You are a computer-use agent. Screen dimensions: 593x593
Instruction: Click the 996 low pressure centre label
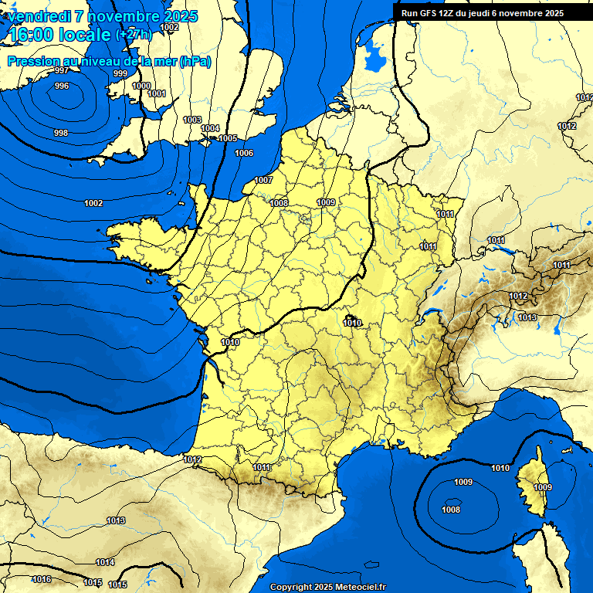tap(61, 86)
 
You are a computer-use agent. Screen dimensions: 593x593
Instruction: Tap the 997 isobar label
tap(62, 70)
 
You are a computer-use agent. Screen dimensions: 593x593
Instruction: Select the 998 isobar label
tap(60, 133)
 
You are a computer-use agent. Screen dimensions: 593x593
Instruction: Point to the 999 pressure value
tap(120, 73)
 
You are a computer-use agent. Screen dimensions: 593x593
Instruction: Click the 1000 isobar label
tap(141, 86)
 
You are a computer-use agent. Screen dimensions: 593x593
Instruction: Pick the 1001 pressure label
tap(157, 93)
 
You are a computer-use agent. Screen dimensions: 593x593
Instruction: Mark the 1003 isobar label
tap(192, 120)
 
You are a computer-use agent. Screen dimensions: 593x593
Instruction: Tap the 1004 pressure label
tap(210, 128)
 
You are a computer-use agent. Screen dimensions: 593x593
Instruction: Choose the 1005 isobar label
tap(228, 138)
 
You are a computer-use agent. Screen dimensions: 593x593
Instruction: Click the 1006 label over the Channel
tap(244, 153)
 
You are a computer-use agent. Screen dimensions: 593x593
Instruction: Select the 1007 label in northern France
tap(263, 180)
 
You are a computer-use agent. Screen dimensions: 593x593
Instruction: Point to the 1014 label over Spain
tap(105, 562)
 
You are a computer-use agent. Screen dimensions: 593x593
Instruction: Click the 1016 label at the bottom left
tap(42, 579)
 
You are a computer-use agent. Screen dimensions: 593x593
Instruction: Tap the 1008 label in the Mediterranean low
tap(451, 510)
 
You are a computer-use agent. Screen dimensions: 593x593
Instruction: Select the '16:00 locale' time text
tap(59, 34)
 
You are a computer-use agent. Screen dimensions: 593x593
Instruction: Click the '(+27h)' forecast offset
tap(134, 35)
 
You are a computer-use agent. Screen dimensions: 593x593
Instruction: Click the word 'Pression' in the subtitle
tap(32, 61)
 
